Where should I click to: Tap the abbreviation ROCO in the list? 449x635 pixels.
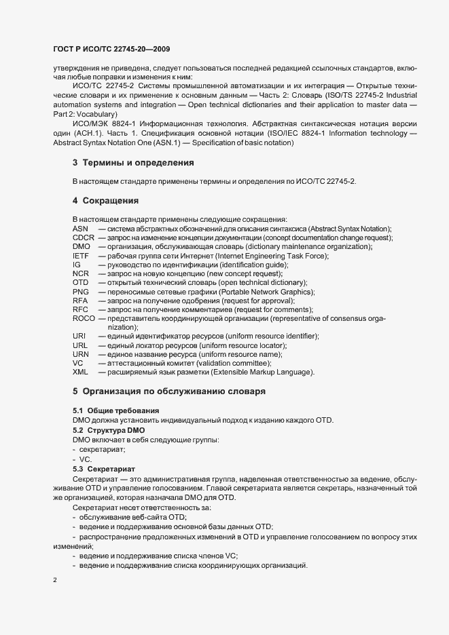(84, 318)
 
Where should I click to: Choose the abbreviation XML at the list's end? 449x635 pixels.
(80, 372)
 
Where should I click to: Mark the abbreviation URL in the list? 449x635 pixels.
(80, 345)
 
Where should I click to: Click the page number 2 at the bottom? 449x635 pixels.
(54, 580)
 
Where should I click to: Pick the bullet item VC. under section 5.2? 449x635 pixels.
(85, 459)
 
